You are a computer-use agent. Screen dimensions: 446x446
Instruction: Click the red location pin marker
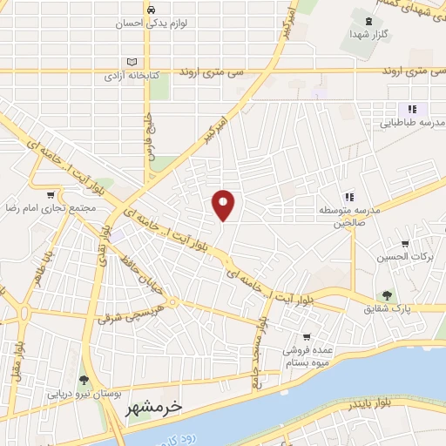tap(224, 204)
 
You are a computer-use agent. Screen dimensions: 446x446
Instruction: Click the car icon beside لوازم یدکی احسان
tap(152, 10)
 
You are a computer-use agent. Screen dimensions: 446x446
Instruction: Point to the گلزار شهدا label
tap(370, 34)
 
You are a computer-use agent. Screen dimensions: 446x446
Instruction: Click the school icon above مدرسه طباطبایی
tap(411, 108)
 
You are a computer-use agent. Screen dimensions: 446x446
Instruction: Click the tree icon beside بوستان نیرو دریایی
tap(84, 379)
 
